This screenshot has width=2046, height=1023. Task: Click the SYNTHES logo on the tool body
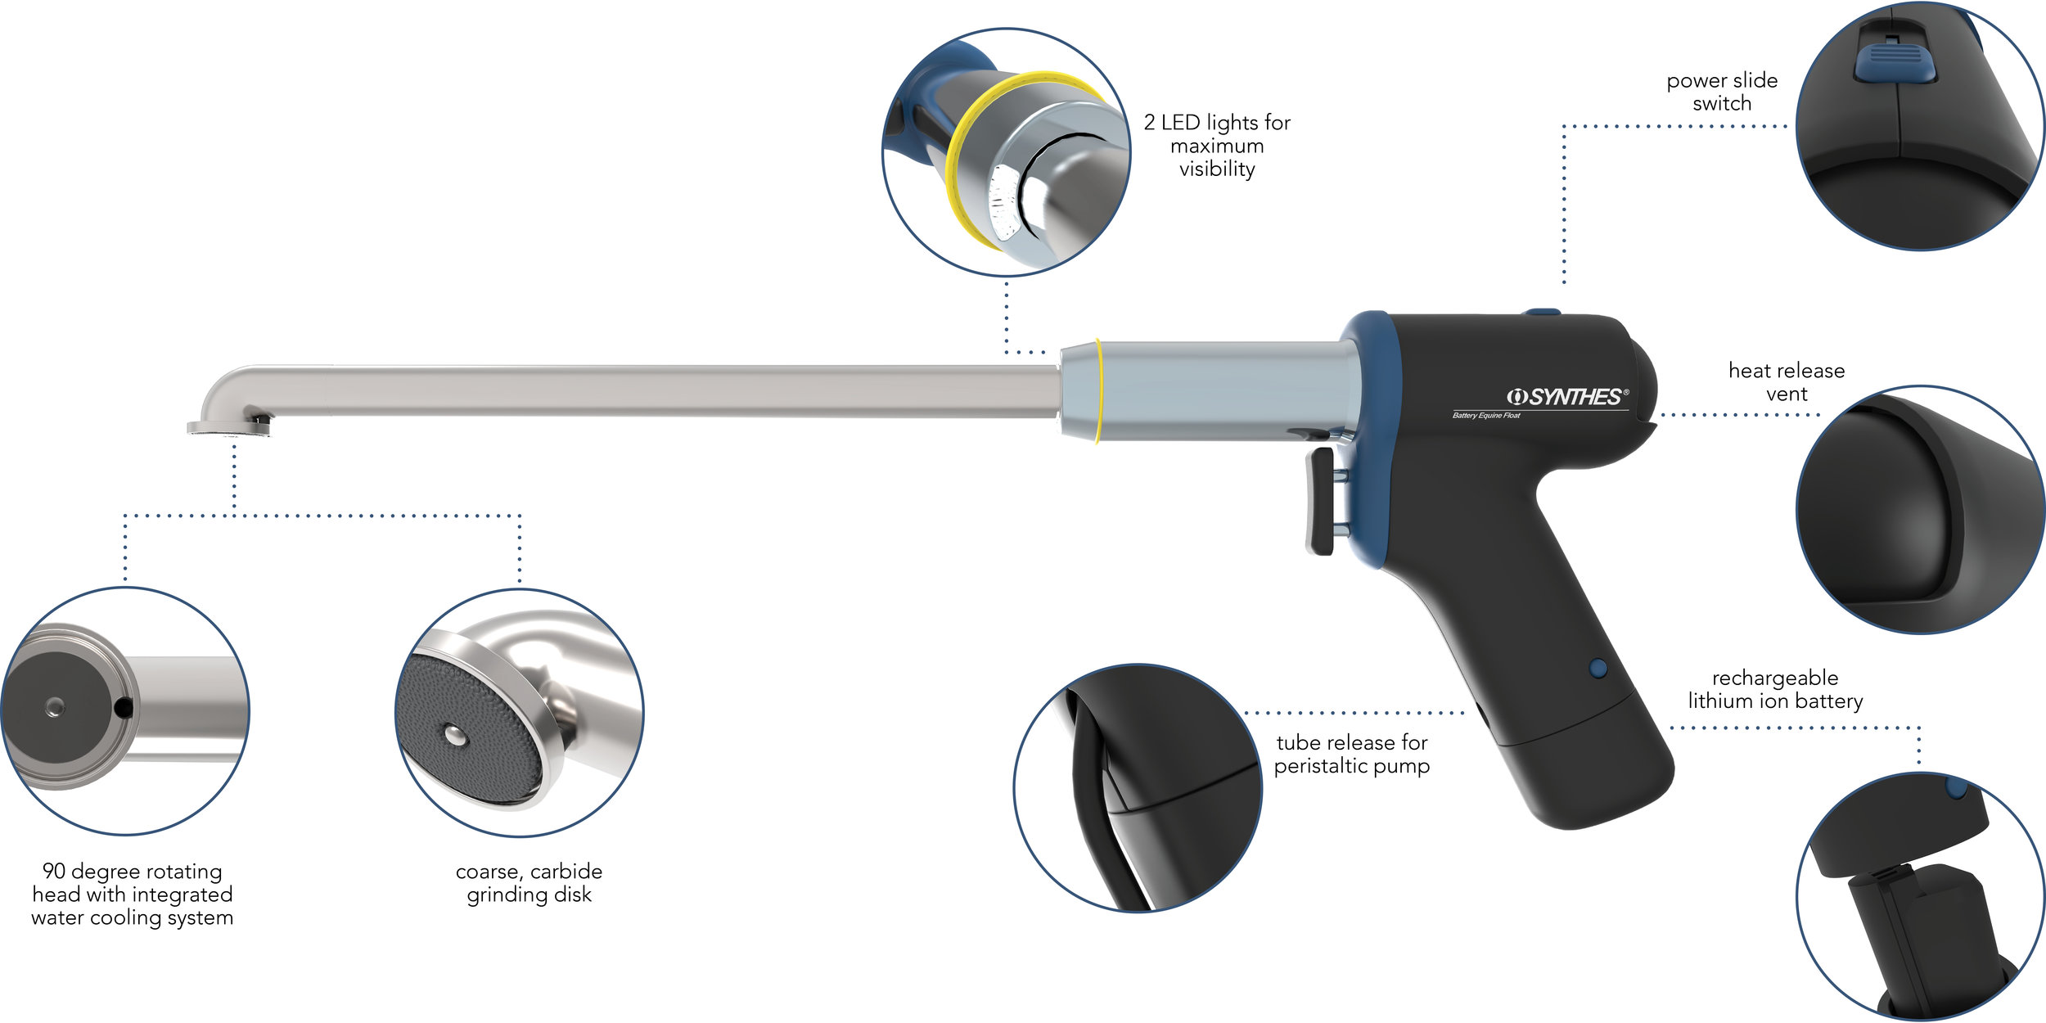pyautogui.click(x=1567, y=397)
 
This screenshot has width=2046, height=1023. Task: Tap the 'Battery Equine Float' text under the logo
pyautogui.click(x=1486, y=416)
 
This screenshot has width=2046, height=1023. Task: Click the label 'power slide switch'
pyautogui.click(x=1722, y=92)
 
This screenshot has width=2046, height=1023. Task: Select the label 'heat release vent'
pyautogui.click(x=1787, y=382)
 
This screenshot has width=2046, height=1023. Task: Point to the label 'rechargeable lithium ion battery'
pyautogui.click(x=1775, y=689)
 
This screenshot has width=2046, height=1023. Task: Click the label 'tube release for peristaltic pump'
pyautogui.click(x=1352, y=754)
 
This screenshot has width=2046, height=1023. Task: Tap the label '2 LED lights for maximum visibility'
pyautogui.click(x=1217, y=146)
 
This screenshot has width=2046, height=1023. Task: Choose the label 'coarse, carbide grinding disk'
pyautogui.click(x=529, y=883)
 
